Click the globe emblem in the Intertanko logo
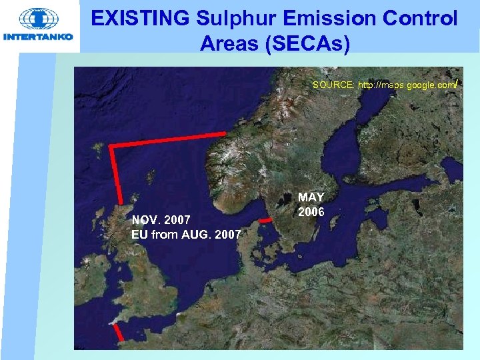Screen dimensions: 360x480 pyautogui.click(x=39, y=19)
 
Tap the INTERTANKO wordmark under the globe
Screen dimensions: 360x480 pyautogui.click(x=39, y=37)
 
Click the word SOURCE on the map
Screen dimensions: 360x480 pyautogui.click(x=333, y=85)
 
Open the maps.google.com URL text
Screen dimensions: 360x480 pyautogui.click(x=407, y=85)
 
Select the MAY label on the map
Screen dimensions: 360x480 pyautogui.click(x=311, y=197)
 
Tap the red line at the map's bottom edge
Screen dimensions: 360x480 pyautogui.click(x=117, y=333)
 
